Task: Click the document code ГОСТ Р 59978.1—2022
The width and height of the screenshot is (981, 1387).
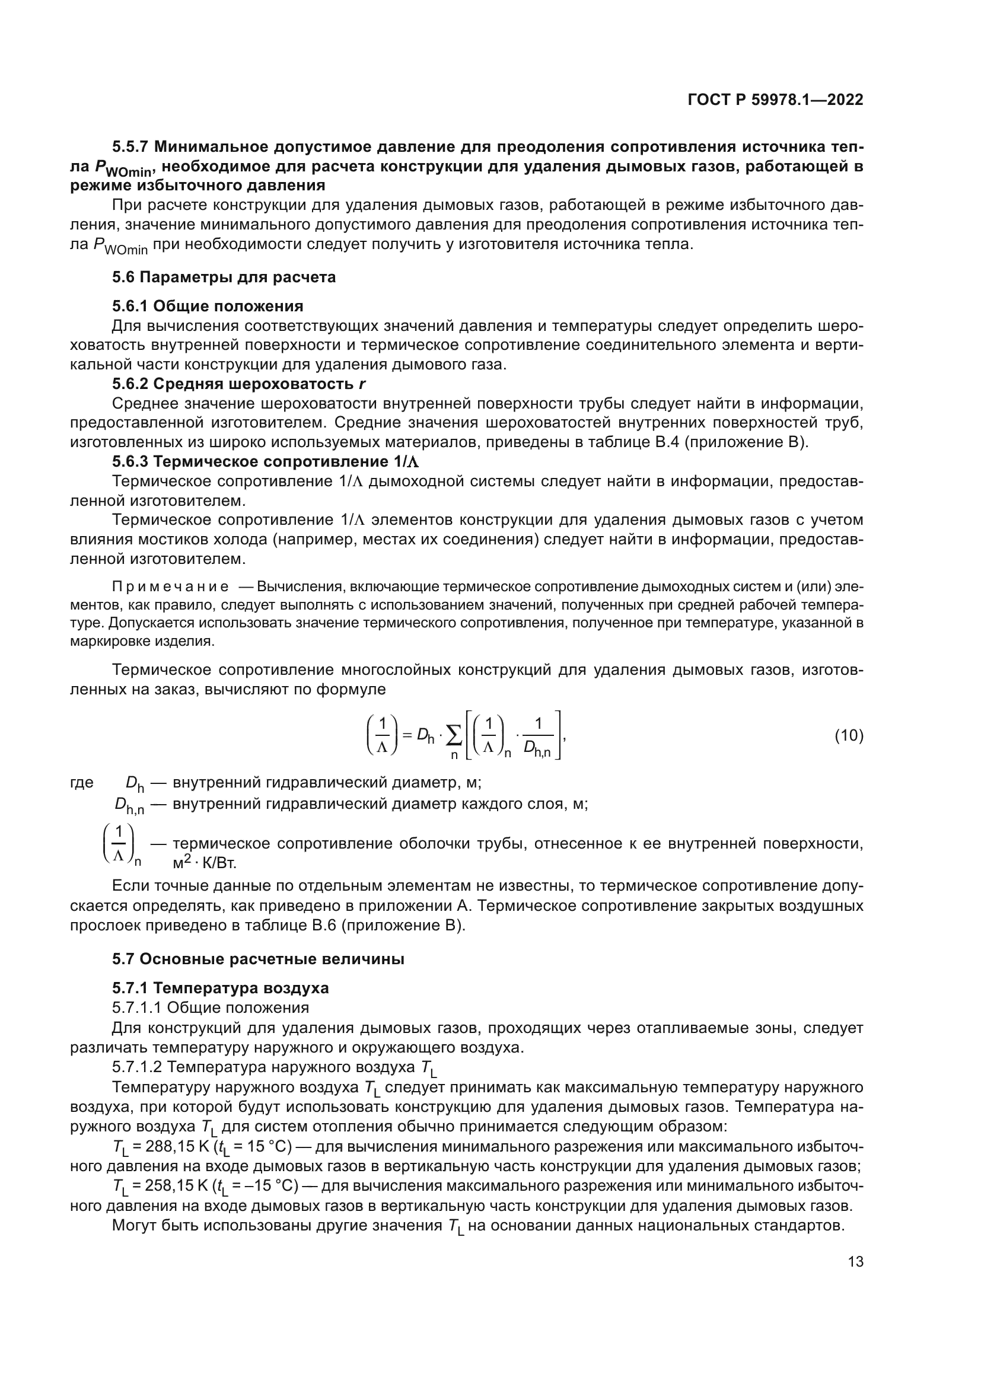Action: tap(775, 100)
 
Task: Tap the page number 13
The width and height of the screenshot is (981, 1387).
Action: tap(855, 1261)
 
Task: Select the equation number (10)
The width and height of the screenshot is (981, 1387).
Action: tap(849, 736)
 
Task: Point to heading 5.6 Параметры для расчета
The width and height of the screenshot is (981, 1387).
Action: tap(224, 278)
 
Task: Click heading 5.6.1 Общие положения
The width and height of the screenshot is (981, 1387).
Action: tap(208, 306)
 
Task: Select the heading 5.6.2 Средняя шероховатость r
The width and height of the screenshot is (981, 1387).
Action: tap(239, 384)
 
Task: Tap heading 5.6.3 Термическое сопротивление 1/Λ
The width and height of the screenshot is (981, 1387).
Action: tap(265, 461)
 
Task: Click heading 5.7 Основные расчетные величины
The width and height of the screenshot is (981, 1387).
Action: tap(258, 959)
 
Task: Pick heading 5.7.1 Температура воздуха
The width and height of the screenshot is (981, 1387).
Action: tap(221, 989)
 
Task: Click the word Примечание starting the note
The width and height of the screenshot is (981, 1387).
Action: tap(170, 586)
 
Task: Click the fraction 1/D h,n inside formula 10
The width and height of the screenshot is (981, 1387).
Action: tap(537, 736)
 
